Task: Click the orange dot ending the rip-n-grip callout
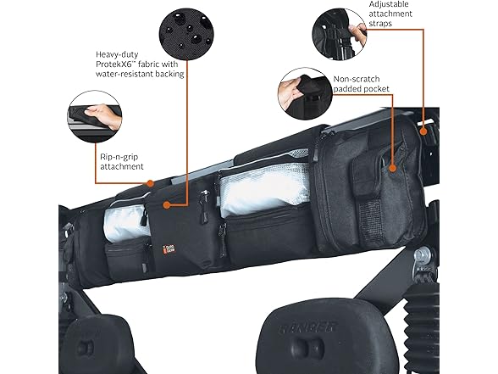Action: click(149, 181)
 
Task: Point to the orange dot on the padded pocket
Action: click(393, 167)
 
